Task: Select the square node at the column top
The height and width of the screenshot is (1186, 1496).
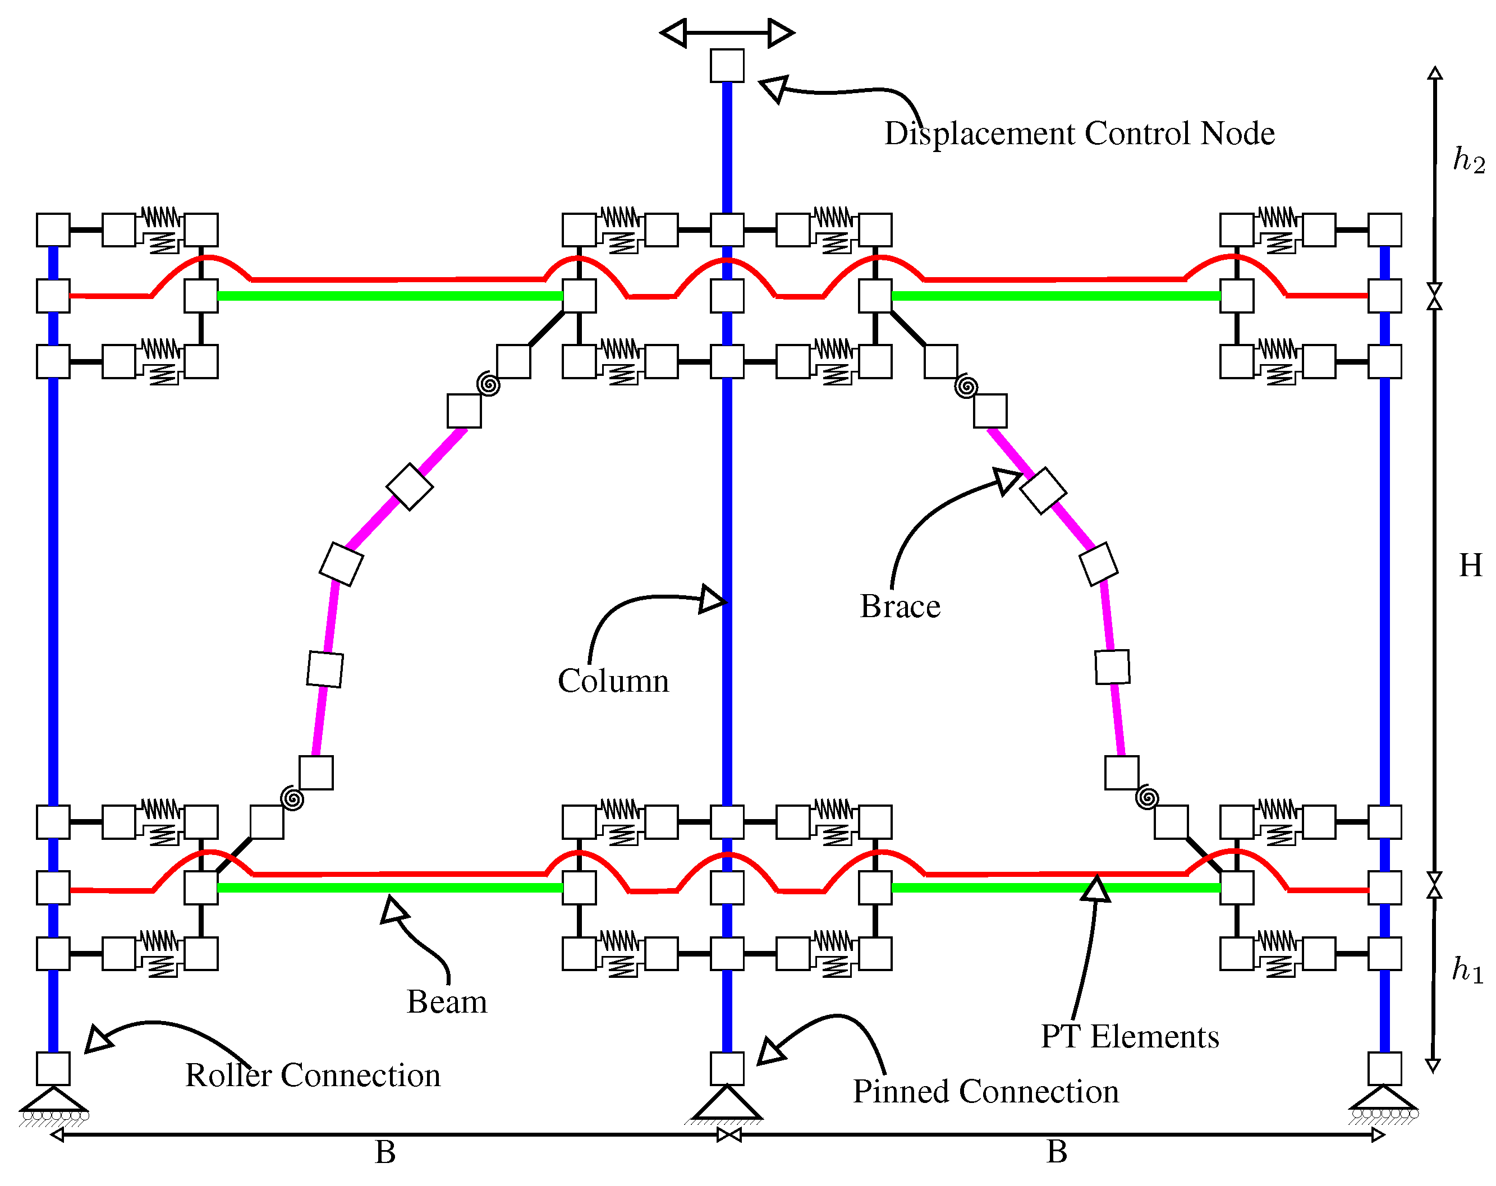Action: point(727,65)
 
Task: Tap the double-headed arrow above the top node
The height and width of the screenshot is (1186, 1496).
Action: point(727,32)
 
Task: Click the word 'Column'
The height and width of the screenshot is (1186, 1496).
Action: point(613,681)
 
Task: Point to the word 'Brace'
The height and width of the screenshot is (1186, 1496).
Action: point(900,606)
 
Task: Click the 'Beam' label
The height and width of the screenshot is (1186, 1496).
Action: point(447,1001)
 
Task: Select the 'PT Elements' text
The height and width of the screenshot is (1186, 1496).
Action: point(1129,1036)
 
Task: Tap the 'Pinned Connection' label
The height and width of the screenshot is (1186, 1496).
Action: point(985,1091)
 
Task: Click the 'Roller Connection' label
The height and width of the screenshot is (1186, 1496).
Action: point(312,1075)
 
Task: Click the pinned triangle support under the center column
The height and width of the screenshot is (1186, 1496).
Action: point(727,1104)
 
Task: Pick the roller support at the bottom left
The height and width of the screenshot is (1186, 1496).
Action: point(53,1105)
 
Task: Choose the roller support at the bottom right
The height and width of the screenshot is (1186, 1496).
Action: point(1384,1104)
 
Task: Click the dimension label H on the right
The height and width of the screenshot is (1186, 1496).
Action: point(1470,566)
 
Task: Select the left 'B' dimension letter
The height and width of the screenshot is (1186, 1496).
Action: point(385,1152)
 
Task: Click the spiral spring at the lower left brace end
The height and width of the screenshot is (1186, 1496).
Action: point(292,798)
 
